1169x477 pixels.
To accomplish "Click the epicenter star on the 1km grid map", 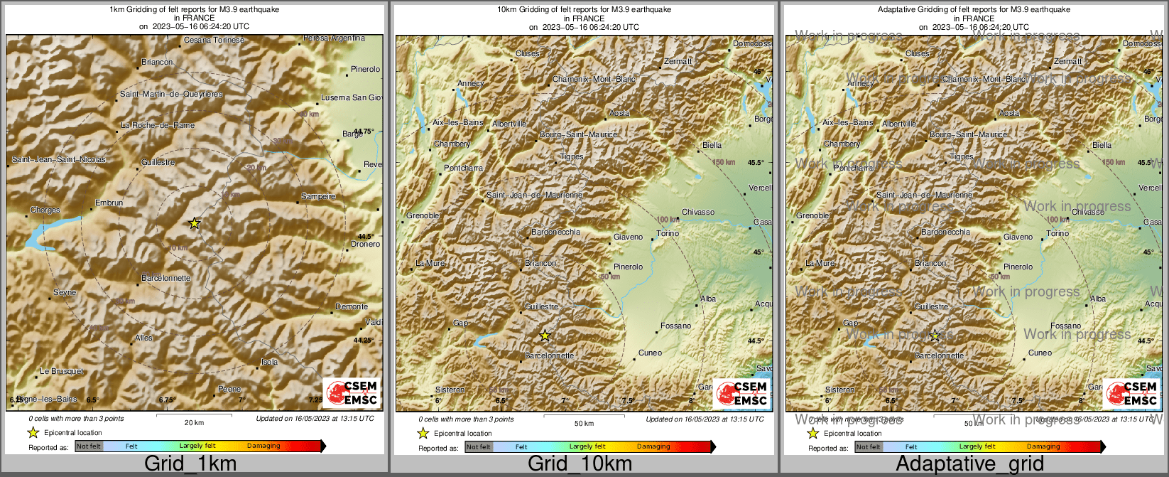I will (x=195, y=223).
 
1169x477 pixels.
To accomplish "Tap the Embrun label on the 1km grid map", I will (x=109, y=203).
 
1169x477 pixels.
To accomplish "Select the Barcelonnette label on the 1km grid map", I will (x=165, y=278).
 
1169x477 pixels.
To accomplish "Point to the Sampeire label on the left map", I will (x=317, y=196).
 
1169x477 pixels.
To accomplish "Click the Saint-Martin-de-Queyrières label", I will (x=171, y=94).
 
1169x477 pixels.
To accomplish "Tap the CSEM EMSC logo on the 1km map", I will (x=352, y=393).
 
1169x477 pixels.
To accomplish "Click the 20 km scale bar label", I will (x=194, y=422).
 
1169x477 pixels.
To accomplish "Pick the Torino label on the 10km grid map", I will (x=668, y=233).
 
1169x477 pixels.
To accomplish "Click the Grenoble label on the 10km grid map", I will (x=423, y=215).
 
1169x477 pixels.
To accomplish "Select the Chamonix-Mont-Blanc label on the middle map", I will (x=594, y=79).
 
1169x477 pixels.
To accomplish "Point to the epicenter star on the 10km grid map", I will (x=545, y=336).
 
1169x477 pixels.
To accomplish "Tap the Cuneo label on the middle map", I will (x=650, y=353).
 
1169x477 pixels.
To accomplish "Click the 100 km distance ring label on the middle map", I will (x=668, y=220).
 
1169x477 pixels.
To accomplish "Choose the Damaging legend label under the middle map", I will (x=653, y=446).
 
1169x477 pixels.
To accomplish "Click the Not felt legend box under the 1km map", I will (x=89, y=446).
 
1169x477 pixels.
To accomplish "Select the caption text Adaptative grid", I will (x=969, y=463).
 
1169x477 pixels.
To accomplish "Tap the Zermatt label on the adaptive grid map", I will (x=1067, y=61).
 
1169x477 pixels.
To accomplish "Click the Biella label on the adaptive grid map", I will (x=1102, y=145).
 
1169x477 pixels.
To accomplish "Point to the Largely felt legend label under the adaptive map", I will (x=977, y=446).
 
